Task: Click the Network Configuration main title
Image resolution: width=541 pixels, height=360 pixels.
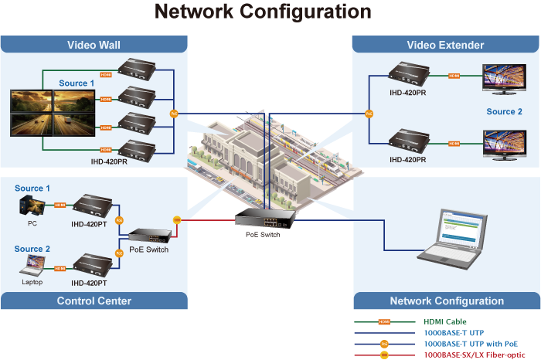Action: point(263,12)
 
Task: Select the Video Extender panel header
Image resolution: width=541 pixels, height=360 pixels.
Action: point(445,45)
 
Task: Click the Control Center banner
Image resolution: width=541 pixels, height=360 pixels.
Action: point(94,301)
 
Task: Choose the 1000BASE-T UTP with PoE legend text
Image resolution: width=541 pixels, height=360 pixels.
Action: point(471,343)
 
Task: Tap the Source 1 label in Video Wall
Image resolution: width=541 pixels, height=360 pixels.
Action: point(77,83)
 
